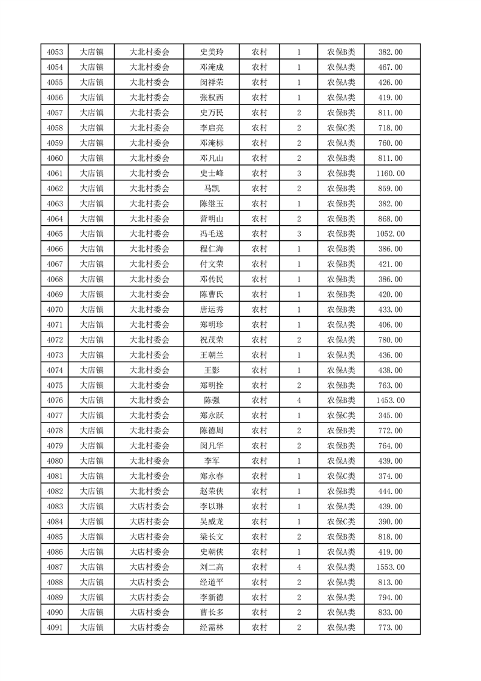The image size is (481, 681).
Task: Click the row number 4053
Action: coord(55,52)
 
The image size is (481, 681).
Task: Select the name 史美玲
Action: coord(212,52)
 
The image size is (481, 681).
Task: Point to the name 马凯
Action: coord(212,189)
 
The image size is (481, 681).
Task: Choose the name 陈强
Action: coord(212,401)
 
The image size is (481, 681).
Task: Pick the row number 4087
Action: coord(55,567)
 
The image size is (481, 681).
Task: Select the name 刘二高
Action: coord(212,567)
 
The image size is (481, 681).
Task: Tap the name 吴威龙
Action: coord(212,521)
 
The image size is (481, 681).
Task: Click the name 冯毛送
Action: coord(212,234)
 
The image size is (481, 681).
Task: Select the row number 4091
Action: coord(55,628)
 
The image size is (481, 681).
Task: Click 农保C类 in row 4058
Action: coord(341,128)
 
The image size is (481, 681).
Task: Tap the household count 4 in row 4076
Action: coord(299,401)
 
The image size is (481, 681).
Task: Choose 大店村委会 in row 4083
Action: coord(149,506)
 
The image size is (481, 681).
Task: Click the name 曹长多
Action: coord(212,612)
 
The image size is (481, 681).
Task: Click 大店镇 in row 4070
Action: coord(92,310)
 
